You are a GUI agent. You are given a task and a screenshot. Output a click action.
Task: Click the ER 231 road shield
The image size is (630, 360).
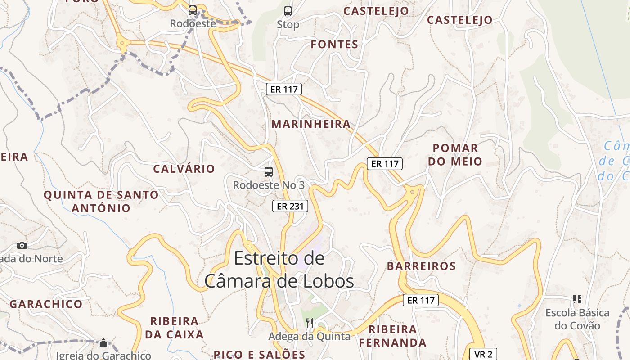click(x=290, y=206)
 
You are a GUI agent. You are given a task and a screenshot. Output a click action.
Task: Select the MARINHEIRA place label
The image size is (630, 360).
click(x=311, y=124)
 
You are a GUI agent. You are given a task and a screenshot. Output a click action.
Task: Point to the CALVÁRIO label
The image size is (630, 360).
click(x=184, y=169)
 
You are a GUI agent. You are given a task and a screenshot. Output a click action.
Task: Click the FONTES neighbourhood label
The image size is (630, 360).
click(x=334, y=44)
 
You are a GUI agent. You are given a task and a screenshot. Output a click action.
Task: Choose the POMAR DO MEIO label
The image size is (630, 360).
click(x=455, y=154)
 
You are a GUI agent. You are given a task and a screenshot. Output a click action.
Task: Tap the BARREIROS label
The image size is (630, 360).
click(x=421, y=266)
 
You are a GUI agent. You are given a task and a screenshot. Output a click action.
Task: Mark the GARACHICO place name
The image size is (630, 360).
click(x=46, y=304)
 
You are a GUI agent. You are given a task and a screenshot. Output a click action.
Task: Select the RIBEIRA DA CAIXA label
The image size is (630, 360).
click(x=174, y=328)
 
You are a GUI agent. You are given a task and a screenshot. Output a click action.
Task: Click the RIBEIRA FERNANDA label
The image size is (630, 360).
click(x=392, y=336)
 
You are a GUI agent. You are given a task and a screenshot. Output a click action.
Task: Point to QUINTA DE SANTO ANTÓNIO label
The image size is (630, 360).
click(x=101, y=202)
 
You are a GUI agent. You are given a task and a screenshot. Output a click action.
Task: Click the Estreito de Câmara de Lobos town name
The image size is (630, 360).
click(x=279, y=270)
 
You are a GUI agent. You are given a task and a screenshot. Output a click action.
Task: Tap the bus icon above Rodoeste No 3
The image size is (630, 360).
click(x=269, y=171)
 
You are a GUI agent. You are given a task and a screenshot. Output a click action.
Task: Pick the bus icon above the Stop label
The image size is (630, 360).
click(x=288, y=11)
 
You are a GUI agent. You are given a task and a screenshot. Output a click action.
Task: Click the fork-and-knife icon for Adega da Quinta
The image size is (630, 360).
click(x=309, y=323)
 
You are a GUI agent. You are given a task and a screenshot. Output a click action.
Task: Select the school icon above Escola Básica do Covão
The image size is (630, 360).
click(x=577, y=299)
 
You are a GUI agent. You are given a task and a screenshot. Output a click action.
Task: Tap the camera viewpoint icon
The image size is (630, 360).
click(x=22, y=245)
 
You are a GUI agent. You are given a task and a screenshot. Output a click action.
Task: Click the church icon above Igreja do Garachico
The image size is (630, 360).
click(x=103, y=342)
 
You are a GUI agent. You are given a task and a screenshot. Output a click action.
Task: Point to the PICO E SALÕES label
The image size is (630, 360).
click(x=260, y=354)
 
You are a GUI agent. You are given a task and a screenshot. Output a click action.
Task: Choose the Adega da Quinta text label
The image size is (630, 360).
click(x=309, y=336)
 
